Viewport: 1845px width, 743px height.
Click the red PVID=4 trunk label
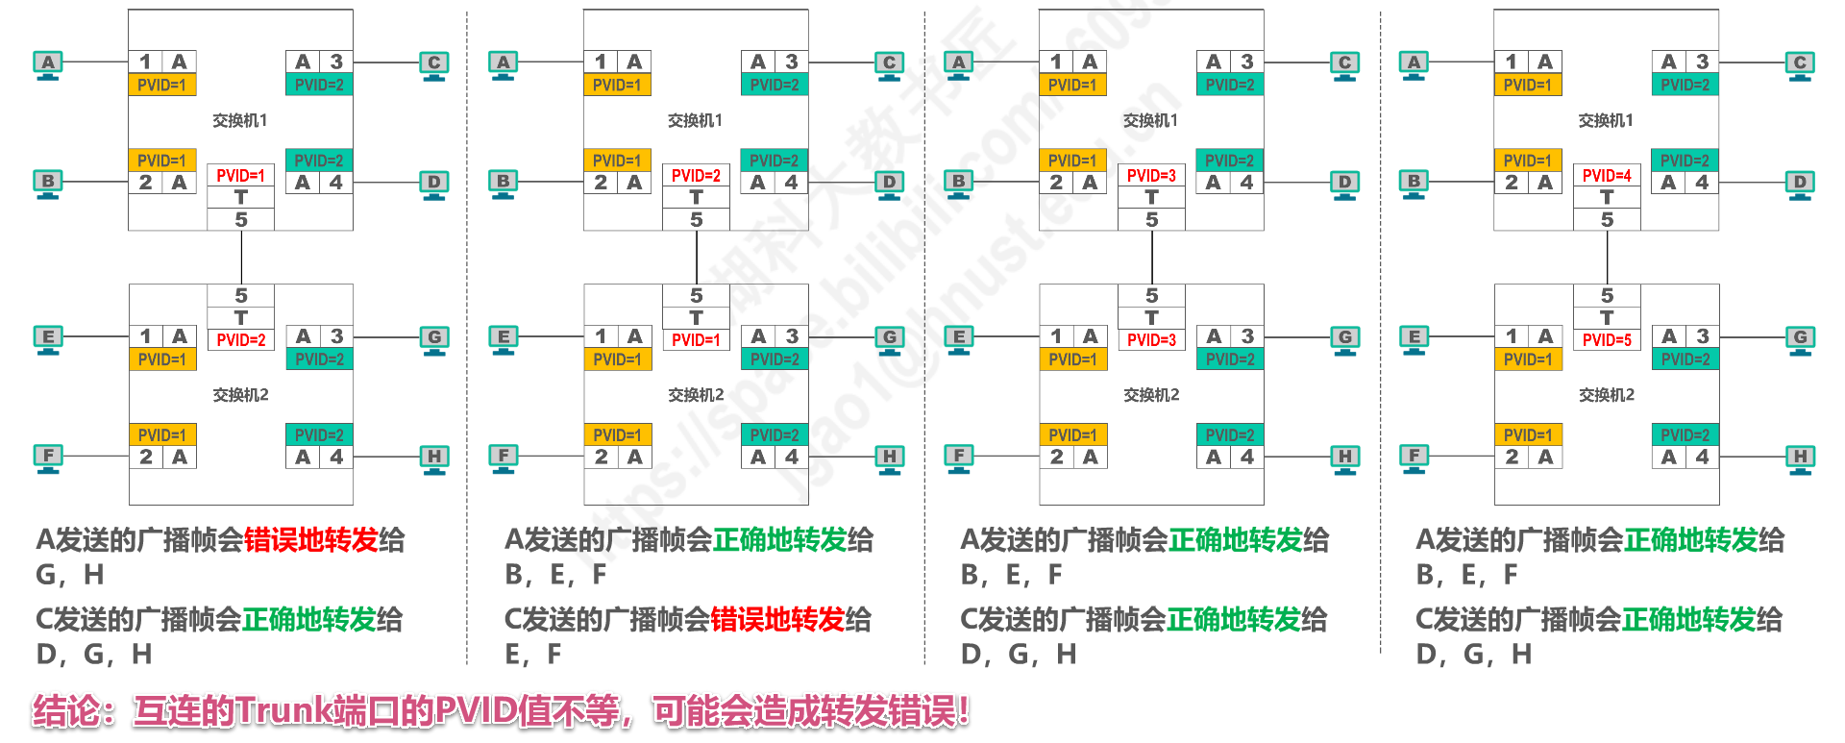[1607, 176]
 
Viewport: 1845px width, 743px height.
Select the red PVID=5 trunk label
[1607, 339]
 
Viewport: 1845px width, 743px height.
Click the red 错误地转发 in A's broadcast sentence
[310, 540]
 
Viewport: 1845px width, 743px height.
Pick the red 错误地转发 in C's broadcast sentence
[777, 620]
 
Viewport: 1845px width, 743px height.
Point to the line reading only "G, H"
[69, 575]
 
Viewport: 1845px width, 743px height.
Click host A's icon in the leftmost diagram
[48, 64]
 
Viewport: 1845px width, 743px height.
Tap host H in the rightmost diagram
[1800, 458]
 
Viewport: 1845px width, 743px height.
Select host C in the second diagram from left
[889, 64]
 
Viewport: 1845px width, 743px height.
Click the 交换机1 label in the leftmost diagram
[240, 120]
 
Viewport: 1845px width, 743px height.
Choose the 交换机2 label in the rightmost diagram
[1607, 395]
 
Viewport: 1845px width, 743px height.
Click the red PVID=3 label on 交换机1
[1151, 176]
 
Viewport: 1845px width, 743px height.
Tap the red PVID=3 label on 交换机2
[1151, 339]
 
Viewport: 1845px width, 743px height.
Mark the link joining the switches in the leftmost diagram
[241, 258]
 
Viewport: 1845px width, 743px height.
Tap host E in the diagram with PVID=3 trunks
[958, 338]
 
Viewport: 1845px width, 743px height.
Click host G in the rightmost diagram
[1800, 338]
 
